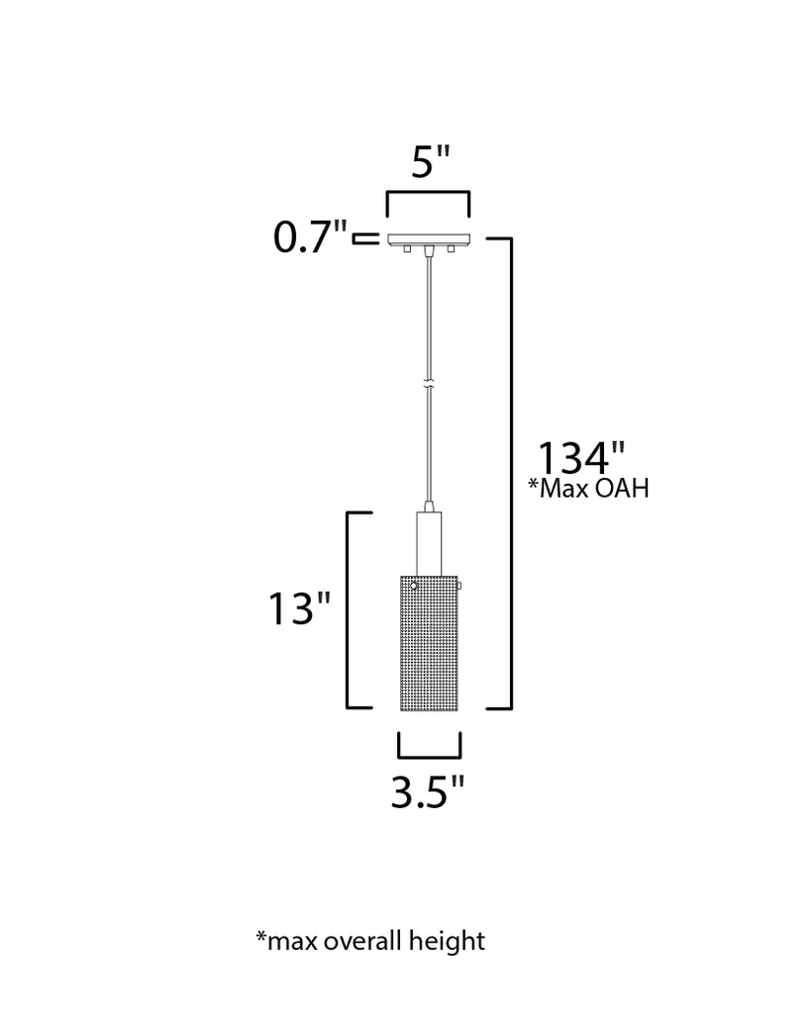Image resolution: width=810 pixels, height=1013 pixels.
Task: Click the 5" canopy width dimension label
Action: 430,162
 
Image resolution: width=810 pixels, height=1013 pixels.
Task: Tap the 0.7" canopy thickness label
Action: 311,239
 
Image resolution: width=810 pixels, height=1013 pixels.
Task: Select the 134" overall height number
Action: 582,458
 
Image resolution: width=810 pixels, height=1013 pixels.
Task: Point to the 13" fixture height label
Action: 299,609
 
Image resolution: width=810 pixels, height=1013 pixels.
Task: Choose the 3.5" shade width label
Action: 428,793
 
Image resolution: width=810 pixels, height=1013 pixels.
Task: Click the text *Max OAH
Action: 588,489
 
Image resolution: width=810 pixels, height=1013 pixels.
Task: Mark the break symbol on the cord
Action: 429,381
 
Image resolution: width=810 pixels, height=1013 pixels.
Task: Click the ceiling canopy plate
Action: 429,240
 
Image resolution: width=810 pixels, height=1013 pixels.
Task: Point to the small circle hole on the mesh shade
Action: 413,587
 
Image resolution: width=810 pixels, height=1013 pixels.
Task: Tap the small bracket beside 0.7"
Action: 366,238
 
